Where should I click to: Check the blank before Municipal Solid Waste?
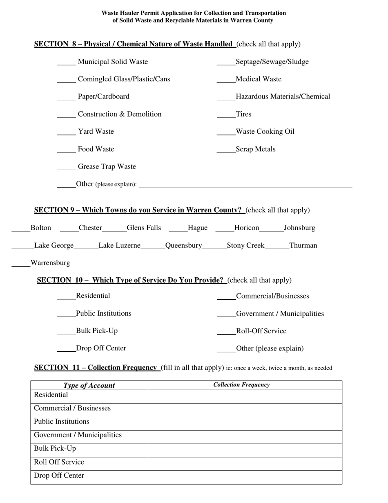pyautogui.click(x=66, y=63)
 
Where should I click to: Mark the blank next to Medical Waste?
pyautogui.click(x=226, y=80)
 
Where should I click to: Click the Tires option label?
pyautogui.click(x=243, y=114)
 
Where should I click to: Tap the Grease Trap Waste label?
pyautogui.click(x=107, y=166)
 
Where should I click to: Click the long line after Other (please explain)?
pyautogui.click(x=245, y=185)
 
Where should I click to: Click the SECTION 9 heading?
pyautogui.click(x=138, y=210)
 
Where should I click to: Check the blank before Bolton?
pyautogui.click(x=21, y=229)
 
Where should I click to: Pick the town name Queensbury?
pyautogui.click(x=183, y=245)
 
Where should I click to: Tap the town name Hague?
pyautogui.click(x=198, y=228)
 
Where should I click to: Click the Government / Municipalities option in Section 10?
pyautogui.click(x=280, y=314)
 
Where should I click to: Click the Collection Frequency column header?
pyautogui.click(x=241, y=385)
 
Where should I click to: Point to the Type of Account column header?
pyautogui.click(x=89, y=385)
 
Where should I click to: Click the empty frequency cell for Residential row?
pyautogui.click(x=245, y=396)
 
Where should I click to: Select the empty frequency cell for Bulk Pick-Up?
pyautogui.click(x=245, y=450)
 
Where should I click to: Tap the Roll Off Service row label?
pyautogui.click(x=59, y=462)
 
